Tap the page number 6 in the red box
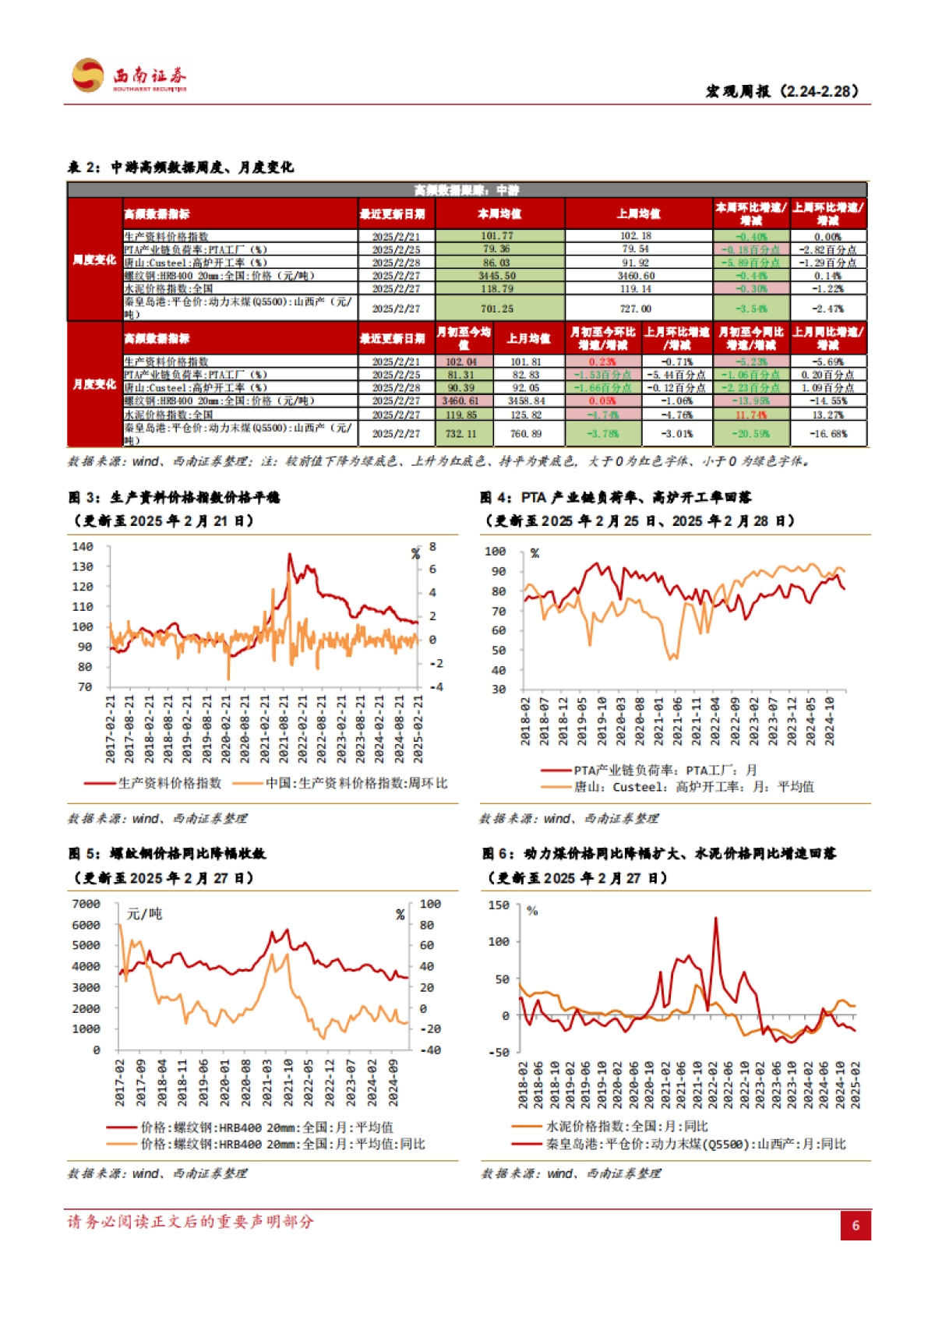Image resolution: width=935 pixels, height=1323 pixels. (855, 1225)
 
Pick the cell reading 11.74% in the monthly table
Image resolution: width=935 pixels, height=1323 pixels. (750, 415)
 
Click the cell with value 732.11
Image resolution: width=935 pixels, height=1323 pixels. (460, 433)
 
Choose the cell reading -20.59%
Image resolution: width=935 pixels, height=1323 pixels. (750, 433)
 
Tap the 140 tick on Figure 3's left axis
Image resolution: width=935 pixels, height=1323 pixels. (83, 547)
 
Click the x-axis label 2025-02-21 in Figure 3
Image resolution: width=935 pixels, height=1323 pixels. (418, 729)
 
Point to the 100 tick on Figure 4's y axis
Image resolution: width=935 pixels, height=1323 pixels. (495, 552)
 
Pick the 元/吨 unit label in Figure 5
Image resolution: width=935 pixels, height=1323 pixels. (144, 914)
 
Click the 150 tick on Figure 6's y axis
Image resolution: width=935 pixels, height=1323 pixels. (499, 905)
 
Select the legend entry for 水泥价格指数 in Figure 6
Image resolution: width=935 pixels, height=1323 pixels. (627, 1127)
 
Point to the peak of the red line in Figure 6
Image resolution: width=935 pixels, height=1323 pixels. (716, 919)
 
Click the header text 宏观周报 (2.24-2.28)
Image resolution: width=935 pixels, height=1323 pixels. (782, 91)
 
